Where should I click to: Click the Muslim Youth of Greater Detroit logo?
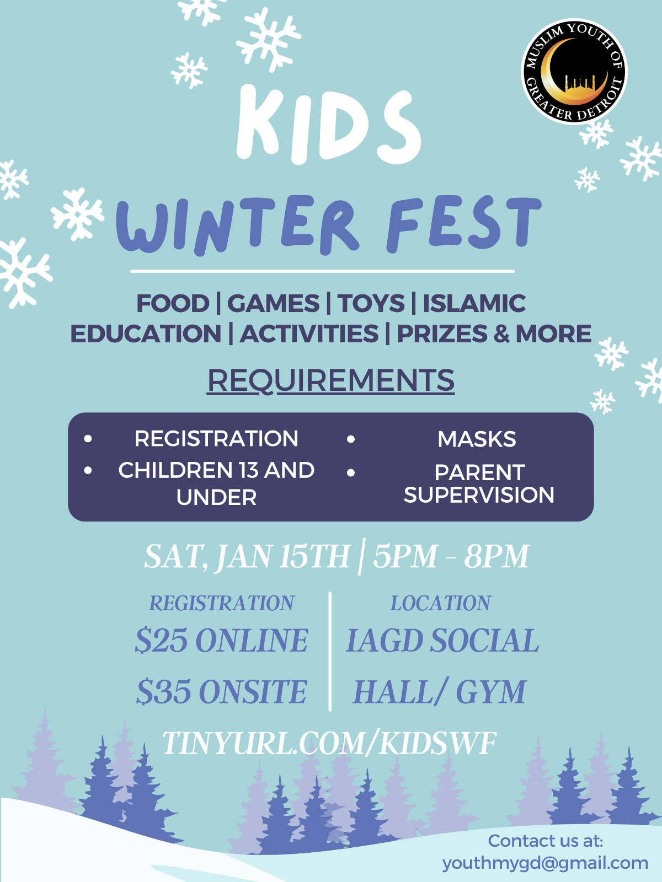[x=574, y=72]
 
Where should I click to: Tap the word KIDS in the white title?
[x=328, y=125]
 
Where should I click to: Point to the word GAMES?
[x=273, y=303]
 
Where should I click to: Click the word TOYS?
[x=371, y=303]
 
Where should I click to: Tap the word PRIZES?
[x=442, y=334]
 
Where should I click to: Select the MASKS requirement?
[x=477, y=439]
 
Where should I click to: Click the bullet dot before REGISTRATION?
[x=88, y=439]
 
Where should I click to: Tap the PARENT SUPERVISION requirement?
[x=479, y=483]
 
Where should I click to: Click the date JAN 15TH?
[x=282, y=557]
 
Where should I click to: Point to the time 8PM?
[x=496, y=557]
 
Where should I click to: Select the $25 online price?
[x=221, y=640]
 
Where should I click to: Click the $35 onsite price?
[x=221, y=691]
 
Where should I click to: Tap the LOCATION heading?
[x=441, y=603]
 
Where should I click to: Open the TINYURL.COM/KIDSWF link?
[x=329, y=743]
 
